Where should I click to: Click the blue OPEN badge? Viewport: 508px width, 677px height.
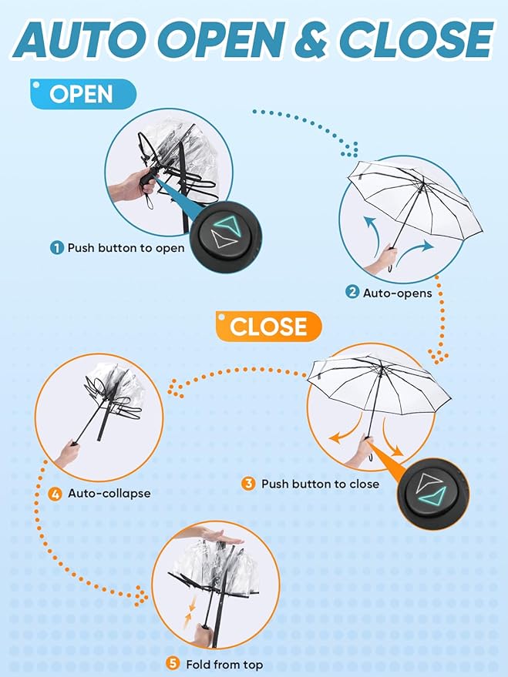point(83,94)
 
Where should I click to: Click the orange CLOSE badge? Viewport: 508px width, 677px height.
point(269,327)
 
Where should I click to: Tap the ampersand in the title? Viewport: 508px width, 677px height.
point(311,39)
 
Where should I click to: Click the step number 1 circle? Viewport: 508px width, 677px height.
point(56,248)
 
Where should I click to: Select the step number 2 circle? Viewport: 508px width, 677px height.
point(352,293)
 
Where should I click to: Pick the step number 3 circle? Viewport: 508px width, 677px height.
point(248,483)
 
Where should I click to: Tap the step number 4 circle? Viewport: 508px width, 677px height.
point(56,494)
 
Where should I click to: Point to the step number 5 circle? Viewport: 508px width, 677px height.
point(173,663)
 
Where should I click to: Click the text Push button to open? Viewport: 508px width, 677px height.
point(126,248)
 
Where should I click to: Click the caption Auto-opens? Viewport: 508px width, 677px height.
point(398,293)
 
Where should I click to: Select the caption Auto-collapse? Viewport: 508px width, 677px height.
point(109,494)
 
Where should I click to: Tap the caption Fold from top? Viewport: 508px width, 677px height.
point(224,665)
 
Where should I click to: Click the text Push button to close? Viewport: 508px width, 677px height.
point(320,484)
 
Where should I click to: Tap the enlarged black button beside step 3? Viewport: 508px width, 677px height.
point(432,492)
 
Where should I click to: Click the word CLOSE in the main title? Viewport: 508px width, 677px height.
point(415,39)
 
